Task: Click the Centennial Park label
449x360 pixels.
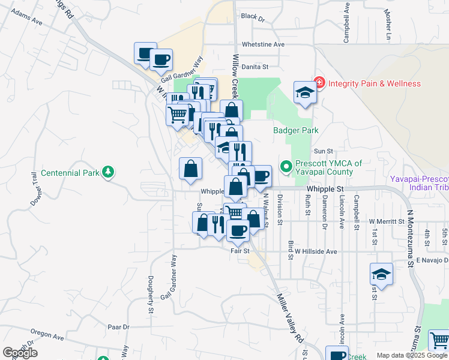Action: tap(70, 173)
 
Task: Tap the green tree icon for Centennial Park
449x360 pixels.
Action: tap(107, 173)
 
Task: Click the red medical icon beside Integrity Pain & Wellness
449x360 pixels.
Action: tap(319, 83)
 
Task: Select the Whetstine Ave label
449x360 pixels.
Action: tap(263, 44)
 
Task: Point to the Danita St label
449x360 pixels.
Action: tap(255, 67)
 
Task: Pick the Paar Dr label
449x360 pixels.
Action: tap(118, 327)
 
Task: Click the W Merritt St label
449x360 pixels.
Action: tap(388, 221)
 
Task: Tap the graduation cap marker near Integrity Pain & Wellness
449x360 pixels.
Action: tap(305, 93)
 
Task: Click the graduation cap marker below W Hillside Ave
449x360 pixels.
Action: tap(381, 275)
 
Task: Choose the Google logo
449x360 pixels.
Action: tap(20, 353)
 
